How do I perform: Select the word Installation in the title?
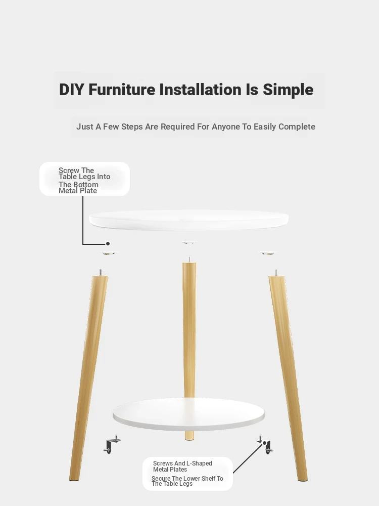201,90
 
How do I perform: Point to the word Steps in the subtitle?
132,127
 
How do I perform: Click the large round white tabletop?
189,220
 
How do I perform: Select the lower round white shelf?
189,414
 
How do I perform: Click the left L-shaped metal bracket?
112,445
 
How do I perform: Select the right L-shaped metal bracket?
266,445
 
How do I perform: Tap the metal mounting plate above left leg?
109,253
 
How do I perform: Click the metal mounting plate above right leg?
268,253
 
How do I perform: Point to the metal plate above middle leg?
189,242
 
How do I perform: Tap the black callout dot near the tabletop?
108,244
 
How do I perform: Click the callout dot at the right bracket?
265,443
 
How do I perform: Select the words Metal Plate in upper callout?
78,191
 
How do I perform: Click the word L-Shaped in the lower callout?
199,463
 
